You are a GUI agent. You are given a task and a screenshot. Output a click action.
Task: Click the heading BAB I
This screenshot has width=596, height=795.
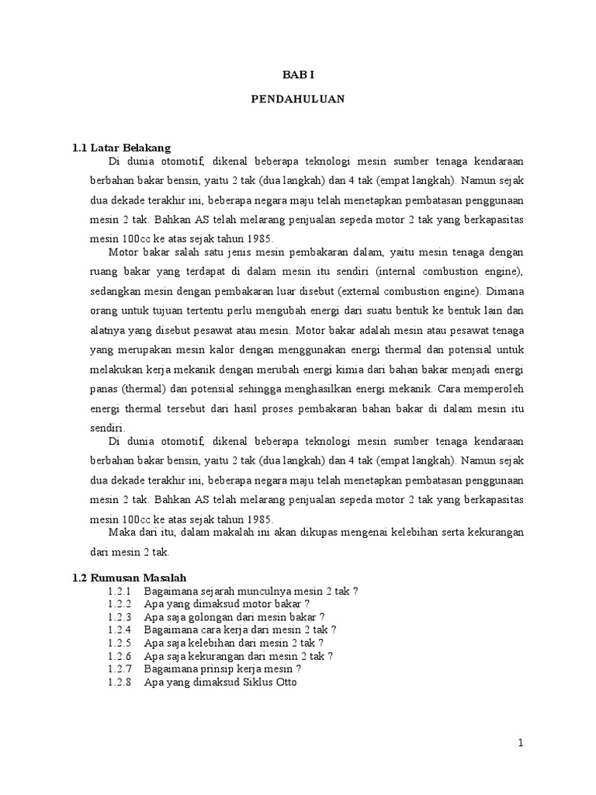coord(298,75)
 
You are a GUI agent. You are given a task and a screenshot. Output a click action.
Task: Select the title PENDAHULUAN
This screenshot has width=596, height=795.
coord(298,99)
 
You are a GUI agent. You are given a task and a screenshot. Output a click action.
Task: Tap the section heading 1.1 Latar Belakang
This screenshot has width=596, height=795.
coord(121,148)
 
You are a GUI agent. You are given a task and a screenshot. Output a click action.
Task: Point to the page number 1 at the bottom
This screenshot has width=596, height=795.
coord(521,743)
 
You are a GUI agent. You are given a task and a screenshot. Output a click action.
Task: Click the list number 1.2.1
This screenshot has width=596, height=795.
coord(120,591)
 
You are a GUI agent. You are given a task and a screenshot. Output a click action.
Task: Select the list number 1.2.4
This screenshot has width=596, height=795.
coord(120,630)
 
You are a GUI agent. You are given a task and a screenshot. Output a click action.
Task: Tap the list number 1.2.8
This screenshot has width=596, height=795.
coord(120,682)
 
